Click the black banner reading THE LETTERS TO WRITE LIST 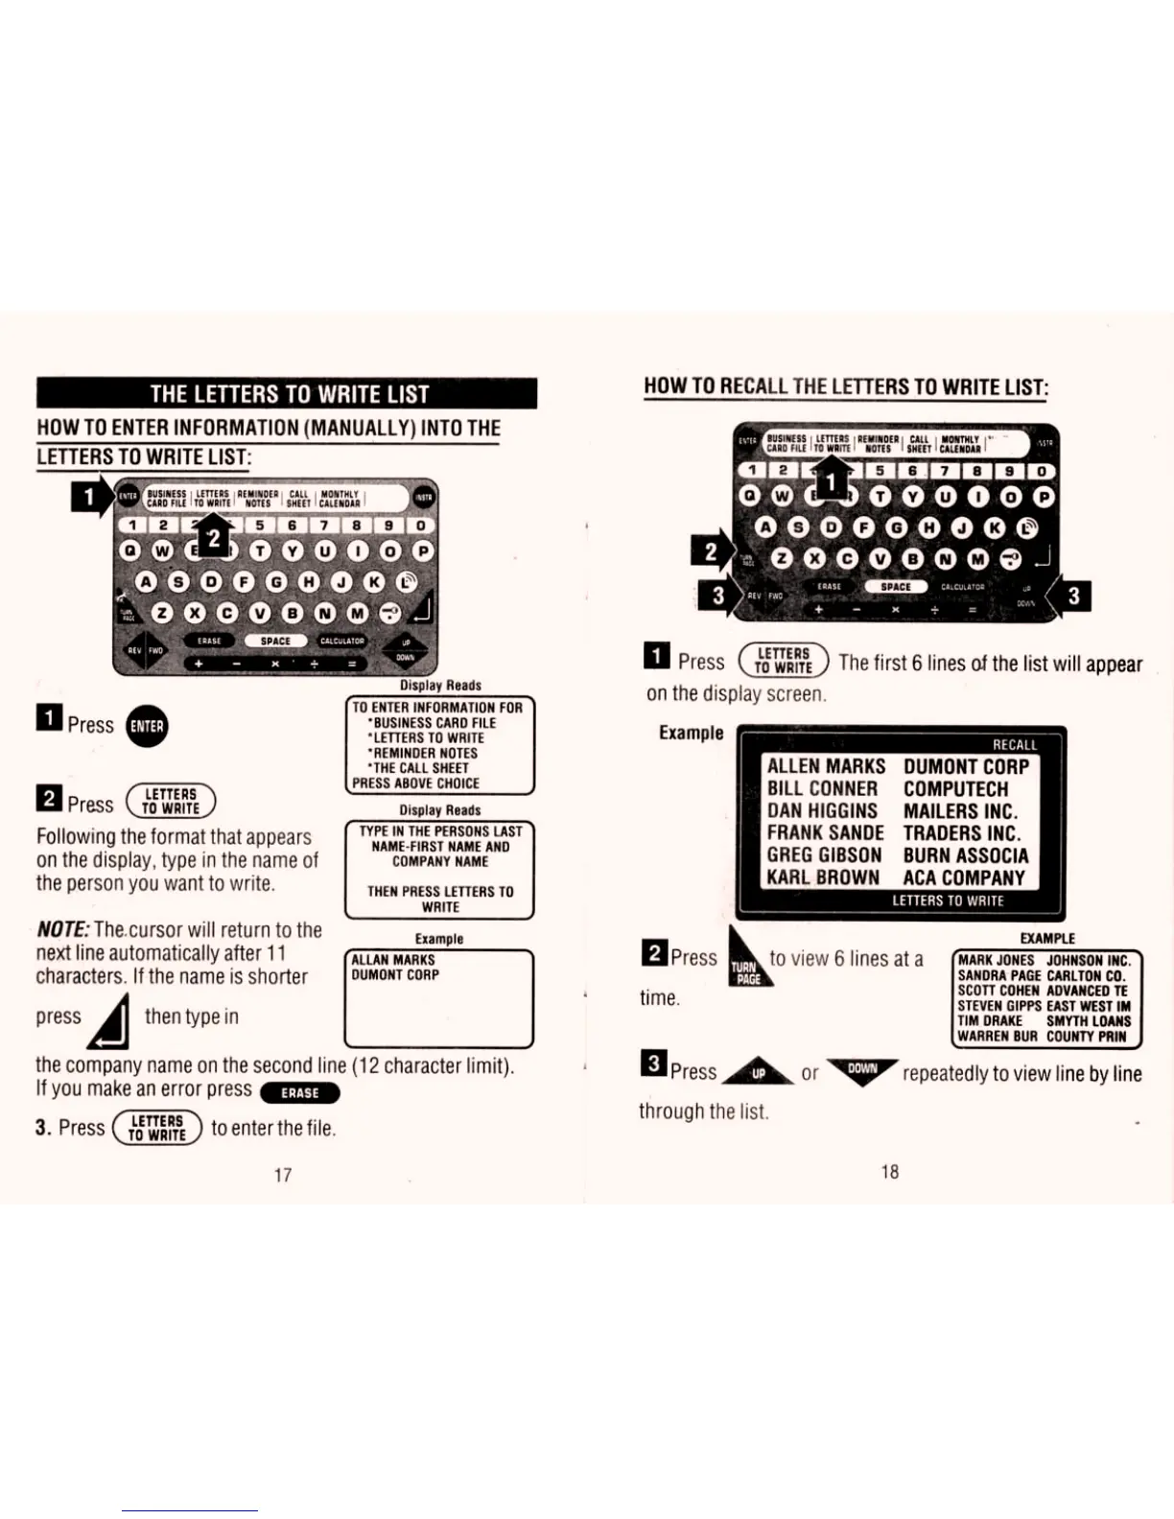pyautogui.click(x=287, y=393)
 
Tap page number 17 pyautogui.click(x=283, y=1175)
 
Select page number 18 pyautogui.click(x=890, y=1171)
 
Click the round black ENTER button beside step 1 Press pyautogui.click(x=146, y=726)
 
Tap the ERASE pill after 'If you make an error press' pyautogui.click(x=299, y=1092)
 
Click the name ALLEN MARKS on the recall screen pyautogui.click(x=826, y=766)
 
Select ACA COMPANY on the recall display pyautogui.click(x=964, y=877)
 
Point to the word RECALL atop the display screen pyautogui.click(x=1015, y=745)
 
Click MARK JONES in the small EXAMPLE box pyautogui.click(x=996, y=960)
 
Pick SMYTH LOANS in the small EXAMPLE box pyautogui.click(x=1089, y=1021)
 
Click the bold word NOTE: pyautogui.click(x=63, y=929)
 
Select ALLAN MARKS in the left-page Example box pyautogui.click(x=393, y=960)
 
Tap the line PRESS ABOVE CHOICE pyautogui.click(x=415, y=783)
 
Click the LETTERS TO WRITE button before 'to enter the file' pyautogui.click(x=157, y=1128)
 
